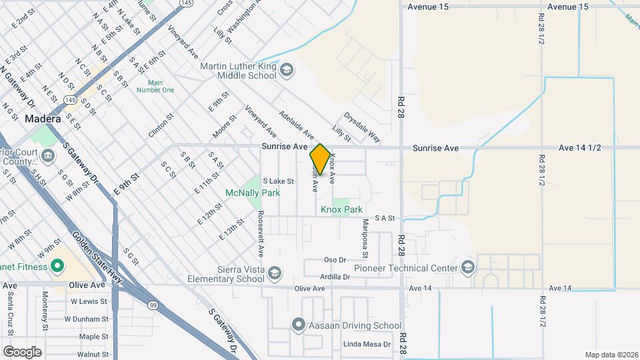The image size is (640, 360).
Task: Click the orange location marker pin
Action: point(320,160)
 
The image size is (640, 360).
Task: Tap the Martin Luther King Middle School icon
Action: point(286,69)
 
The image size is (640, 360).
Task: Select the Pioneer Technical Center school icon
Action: point(468,268)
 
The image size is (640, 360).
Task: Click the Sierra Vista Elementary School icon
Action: point(275,273)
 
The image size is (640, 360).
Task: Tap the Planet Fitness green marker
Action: point(57,267)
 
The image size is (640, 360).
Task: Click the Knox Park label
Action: point(341,209)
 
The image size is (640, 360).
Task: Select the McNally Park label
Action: point(252,193)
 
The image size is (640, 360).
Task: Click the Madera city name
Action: point(43,119)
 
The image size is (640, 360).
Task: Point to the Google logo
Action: point(22,351)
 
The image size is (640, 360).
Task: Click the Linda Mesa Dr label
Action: point(365,344)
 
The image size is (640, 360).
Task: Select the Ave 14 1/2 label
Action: point(576,147)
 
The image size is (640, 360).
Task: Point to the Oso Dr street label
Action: point(334,260)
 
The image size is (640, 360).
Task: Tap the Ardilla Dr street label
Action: point(335,276)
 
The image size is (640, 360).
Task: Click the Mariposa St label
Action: point(365,237)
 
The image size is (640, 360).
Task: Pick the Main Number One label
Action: point(155,86)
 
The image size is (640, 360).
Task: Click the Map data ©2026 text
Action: point(610,354)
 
